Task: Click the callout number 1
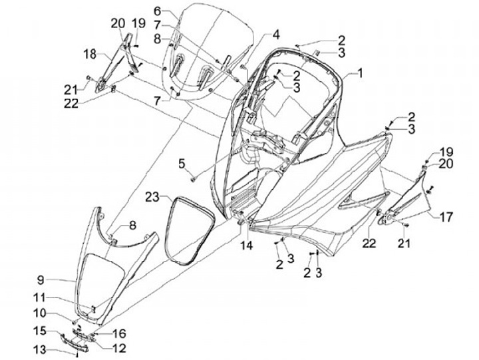click(360, 73)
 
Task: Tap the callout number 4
click(275, 34)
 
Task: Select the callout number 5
click(181, 163)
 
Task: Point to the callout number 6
click(157, 11)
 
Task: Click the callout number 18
click(90, 53)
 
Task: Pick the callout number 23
click(153, 197)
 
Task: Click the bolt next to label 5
click(193, 178)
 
